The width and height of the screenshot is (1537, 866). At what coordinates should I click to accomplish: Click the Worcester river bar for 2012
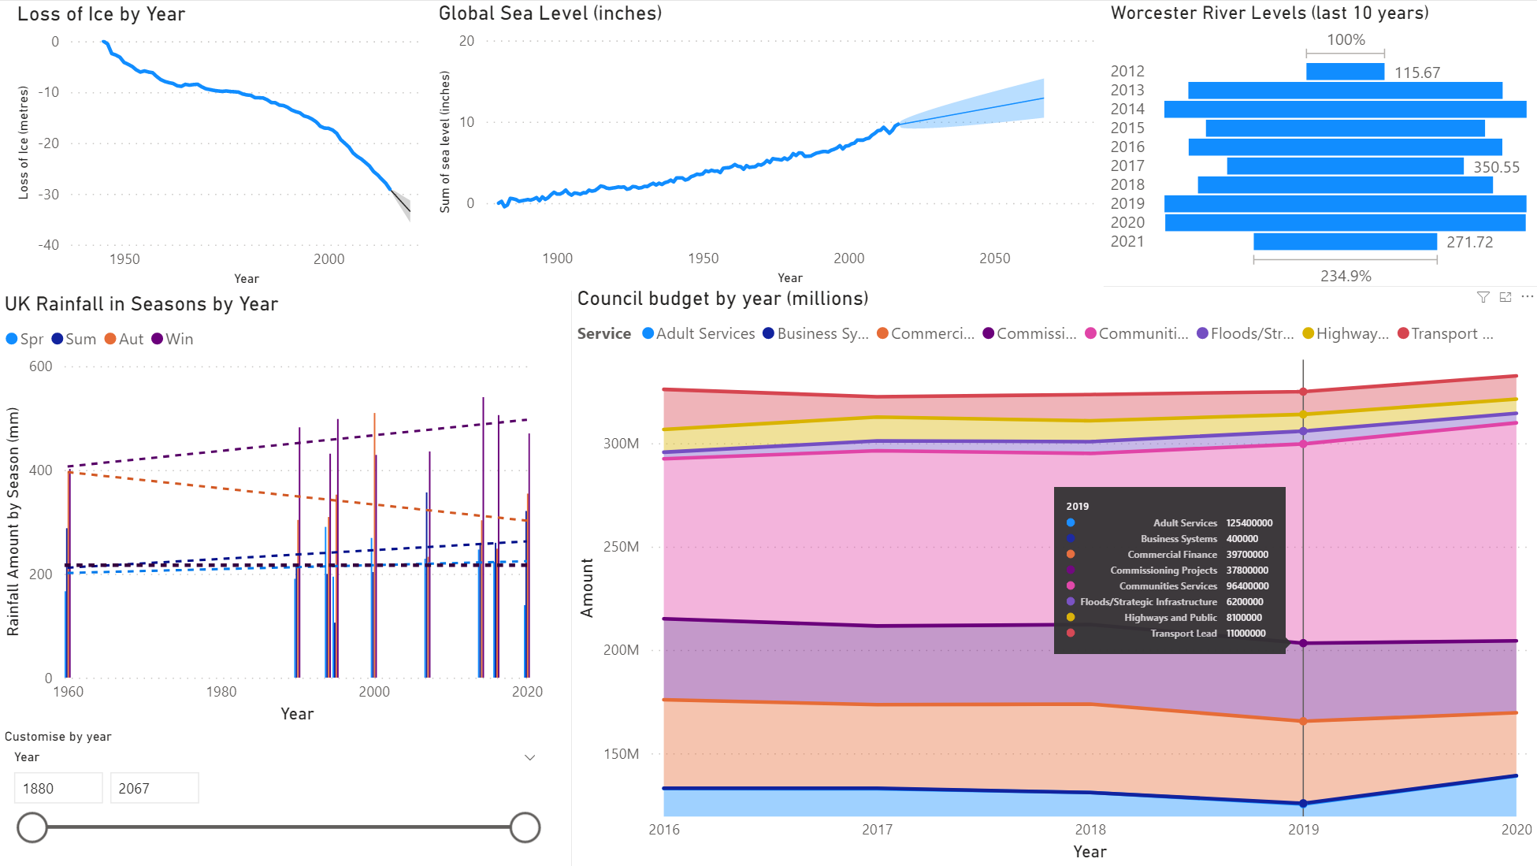coord(1345,72)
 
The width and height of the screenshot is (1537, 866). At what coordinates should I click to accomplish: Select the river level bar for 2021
coord(1345,241)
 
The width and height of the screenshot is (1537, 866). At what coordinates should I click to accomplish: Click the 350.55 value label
coord(1496,167)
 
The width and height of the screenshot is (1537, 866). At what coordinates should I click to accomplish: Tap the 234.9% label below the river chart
coord(1346,276)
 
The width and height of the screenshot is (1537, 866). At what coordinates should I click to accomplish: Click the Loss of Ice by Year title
coord(101,14)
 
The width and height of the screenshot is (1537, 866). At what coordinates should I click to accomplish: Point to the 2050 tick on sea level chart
coord(994,258)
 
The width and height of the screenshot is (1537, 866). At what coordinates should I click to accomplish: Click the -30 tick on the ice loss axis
coord(49,194)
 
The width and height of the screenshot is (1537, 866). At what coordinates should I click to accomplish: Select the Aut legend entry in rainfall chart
coord(124,339)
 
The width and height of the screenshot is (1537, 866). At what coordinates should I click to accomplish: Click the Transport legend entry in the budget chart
coord(1445,333)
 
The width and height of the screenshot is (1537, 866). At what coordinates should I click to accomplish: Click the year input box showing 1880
coord(58,788)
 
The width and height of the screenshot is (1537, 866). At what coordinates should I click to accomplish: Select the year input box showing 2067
coord(154,788)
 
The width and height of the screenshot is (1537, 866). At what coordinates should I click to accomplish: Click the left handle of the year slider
coord(32,827)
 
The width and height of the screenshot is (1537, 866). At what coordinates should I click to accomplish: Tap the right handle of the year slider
coord(525,827)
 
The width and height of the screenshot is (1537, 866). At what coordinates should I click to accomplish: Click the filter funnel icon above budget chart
coord(1483,297)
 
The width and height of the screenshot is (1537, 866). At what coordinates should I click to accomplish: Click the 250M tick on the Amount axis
coord(621,547)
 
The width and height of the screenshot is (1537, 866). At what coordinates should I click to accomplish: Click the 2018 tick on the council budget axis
coord(1090,829)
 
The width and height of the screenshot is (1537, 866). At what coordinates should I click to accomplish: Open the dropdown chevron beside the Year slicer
coord(530,757)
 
